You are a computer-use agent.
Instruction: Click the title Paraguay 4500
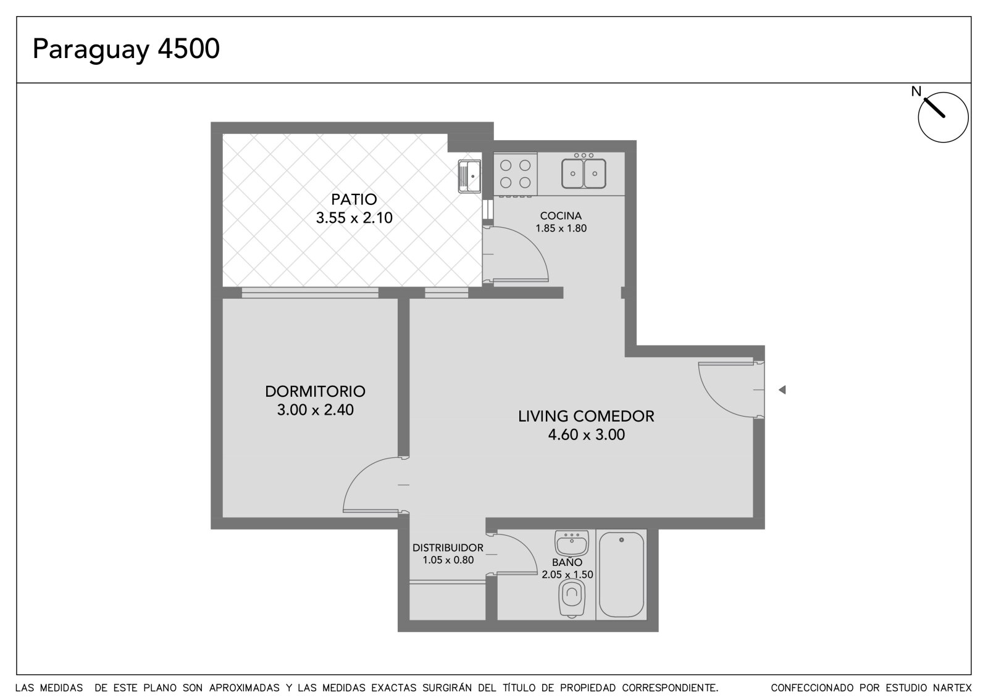click(x=126, y=49)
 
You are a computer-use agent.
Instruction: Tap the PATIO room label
click(x=354, y=199)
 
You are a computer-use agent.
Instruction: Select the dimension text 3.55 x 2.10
click(x=354, y=218)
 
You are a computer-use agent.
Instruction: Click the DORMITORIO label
click(x=315, y=391)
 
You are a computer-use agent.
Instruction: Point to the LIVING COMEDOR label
click(x=586, y=416)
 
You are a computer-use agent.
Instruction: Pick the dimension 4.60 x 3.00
click(x=586, y=434)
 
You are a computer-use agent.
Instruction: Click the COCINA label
click(x=561, y=215)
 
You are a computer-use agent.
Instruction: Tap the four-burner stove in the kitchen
click(x=515, y=174)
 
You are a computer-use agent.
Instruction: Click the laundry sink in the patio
click(x=469, y=177)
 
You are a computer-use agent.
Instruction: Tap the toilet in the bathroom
click(x=572, y=597)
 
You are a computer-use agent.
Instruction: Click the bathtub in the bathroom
click(x=621, y=574)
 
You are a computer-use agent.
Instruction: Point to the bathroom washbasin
click(x=572, y=543)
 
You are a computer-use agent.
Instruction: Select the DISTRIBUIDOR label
click(x=448, y=547)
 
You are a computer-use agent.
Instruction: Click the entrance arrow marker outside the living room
click(x=782, y=390)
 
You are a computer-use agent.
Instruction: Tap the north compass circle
click(x=943, y=117)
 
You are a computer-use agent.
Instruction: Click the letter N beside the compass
click(x=916, y=91)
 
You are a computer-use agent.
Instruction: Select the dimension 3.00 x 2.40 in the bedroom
click(x=315, y=410)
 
